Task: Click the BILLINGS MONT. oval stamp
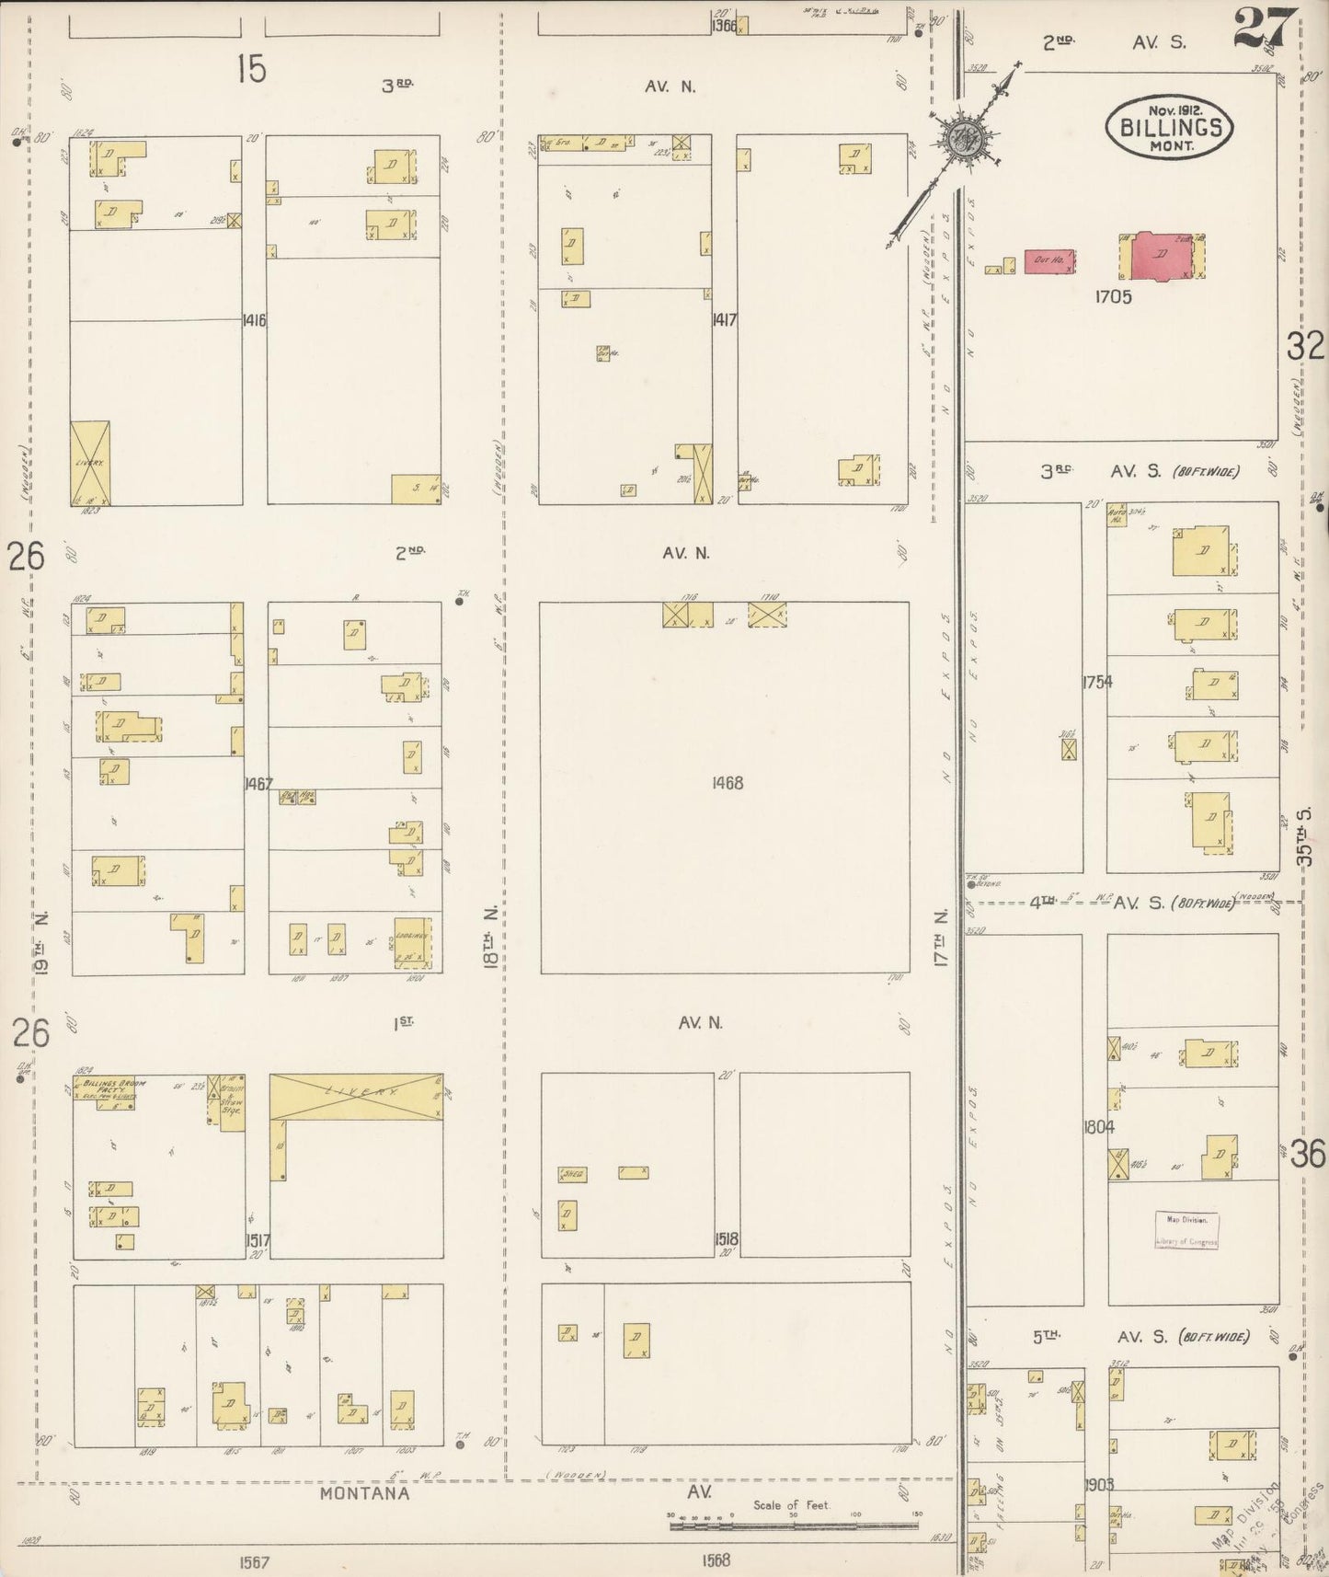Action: click(x=1169, y=128)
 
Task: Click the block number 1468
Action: click(x=727, y=784)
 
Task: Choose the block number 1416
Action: click(x=254, y=320)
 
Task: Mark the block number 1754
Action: click(x=1096, y=682)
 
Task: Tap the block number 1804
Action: click(x=1098, y=1126)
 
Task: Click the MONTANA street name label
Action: click(x=364, y=1493)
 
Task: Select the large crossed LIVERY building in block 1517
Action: click(x=356, y=1096)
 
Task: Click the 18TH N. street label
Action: click(x=492, y=934)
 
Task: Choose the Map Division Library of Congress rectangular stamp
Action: click(x=1186, y=1229)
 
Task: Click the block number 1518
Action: click(x=726, y=1239)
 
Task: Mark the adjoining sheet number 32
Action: click(x=1304, y=347)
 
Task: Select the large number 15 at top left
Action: click(x=250, y=69)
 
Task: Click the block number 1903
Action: click(x=1098, y=1484)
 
